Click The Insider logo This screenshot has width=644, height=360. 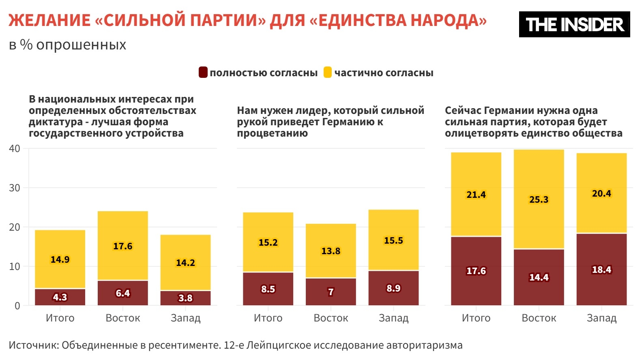[x=574, y=24]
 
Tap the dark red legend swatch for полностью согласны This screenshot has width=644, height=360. [x=203, y=73]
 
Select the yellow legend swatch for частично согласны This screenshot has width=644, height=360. [x=328, y=73]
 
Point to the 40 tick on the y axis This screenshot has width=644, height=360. [x=15, y=148]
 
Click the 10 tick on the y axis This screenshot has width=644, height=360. [x=15, y=266]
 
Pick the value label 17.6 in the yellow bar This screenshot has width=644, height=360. [x=122, y=246]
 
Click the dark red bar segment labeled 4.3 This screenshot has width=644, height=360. [x=60, y=297]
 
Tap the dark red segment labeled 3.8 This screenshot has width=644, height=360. [x=185, y=298]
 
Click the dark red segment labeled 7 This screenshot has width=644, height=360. [x=331, y=292]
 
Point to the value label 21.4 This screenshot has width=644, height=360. [x=476, y=195]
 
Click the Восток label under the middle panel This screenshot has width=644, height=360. [x=331, y=318]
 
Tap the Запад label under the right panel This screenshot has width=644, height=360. [x=601, y=318]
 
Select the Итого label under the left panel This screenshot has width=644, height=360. [x=60, y=318]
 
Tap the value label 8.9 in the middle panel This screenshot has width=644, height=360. [x=393, y=288]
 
